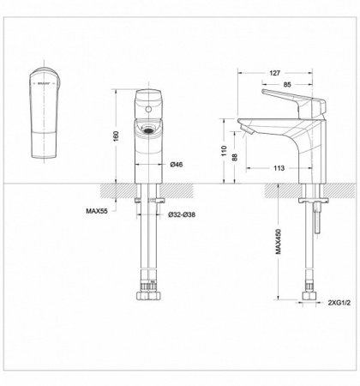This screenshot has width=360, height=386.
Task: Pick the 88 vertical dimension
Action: click(x=239, y=160)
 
